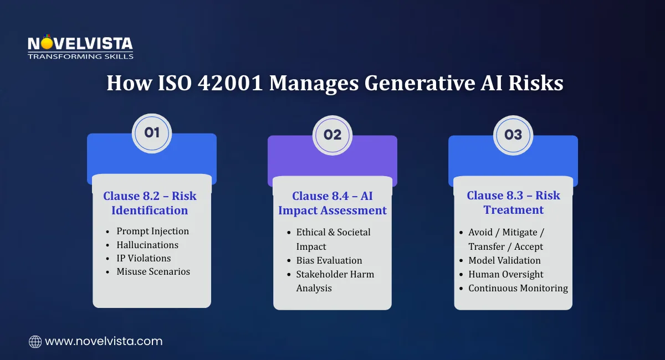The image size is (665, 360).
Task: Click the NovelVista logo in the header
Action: pyautogui.click(x=80, y=47)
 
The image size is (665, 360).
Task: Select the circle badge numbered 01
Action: pyautogui.click(x=152, y=133)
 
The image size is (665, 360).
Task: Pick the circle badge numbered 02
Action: pyautogui.click(x=332, y=135)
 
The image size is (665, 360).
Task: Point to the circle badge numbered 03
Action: pyautogui.click(x=513, y=135)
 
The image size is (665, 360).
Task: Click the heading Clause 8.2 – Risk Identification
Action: pyautogui.click(x=150, y=203)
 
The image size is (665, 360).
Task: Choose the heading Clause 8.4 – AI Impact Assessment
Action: pyautogui.click(x=332, y=203)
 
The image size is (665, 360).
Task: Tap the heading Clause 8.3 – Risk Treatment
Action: pyautogui.click(x=513, y=203)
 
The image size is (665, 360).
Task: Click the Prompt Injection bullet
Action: pyautogui.click(x=152, y=232)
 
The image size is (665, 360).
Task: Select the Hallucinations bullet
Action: pyautogui.click(x=147, y=245)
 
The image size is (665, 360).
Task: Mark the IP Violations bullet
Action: pyautogui.click(x=144, y=258)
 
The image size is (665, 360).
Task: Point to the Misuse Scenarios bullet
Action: pyautogui.click(x=153, y=271)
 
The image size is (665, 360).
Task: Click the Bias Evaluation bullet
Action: pyautogui.click(x=329, y=260)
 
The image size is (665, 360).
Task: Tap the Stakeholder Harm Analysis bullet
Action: pyautogui.click(x=335, y=281)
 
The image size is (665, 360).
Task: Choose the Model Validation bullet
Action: pyautogui.click(x=504, y=260)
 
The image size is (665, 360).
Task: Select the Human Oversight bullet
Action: pyautogui.click(x=506, y=274)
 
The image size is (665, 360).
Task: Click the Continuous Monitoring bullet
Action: pyautogui.click(x=518, y=288)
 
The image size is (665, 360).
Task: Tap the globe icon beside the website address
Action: pyautogui.click(x=35, y=342)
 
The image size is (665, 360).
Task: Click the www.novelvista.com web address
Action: pyautogui.click(x=104, y=342)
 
